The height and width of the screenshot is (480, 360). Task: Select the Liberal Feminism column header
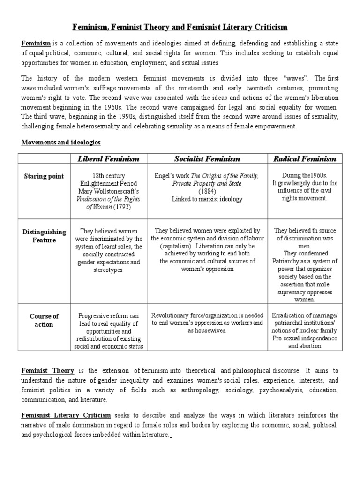point(108,158)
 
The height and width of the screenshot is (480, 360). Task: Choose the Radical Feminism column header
point(304,158)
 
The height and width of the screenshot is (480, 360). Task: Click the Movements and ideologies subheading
point(60,142)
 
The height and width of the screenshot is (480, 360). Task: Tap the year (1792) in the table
point(121,207)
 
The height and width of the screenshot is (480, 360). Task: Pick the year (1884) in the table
point(206,191)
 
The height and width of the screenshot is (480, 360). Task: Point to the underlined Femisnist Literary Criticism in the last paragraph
point(66,415)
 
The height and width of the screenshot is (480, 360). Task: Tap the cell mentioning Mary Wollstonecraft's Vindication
point(108,191)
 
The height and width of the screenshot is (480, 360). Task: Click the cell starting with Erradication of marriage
point(304,330)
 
